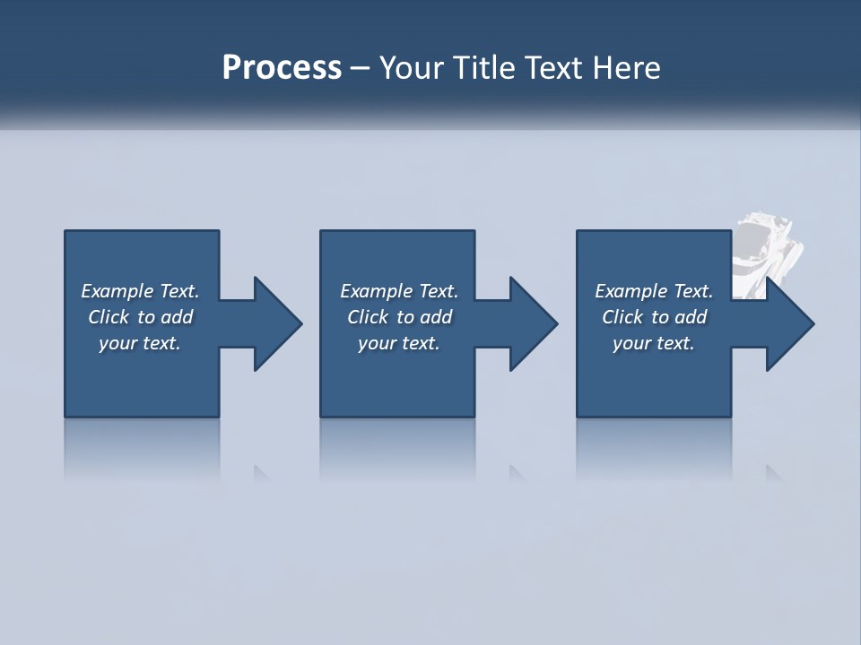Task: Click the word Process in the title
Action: tap(282, 68)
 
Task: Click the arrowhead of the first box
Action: tap(277, 323)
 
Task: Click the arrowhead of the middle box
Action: tap(533, 323)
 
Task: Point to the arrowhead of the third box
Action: tap(789, 323)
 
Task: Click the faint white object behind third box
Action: tap(768, 251)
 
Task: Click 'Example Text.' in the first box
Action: tap(140, 291)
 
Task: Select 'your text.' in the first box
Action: tap(140, 343)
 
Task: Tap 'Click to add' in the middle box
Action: tap(399, 317)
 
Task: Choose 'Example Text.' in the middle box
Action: tap(399, 291)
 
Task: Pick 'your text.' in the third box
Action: tap(654, 343)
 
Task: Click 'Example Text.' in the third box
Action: tap(654, 291)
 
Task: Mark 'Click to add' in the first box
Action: tap(140, 317)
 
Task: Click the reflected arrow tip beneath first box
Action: tap(262, 472)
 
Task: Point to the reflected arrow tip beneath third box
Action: tap(773, 472)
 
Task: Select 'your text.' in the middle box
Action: tap(399, 343)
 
